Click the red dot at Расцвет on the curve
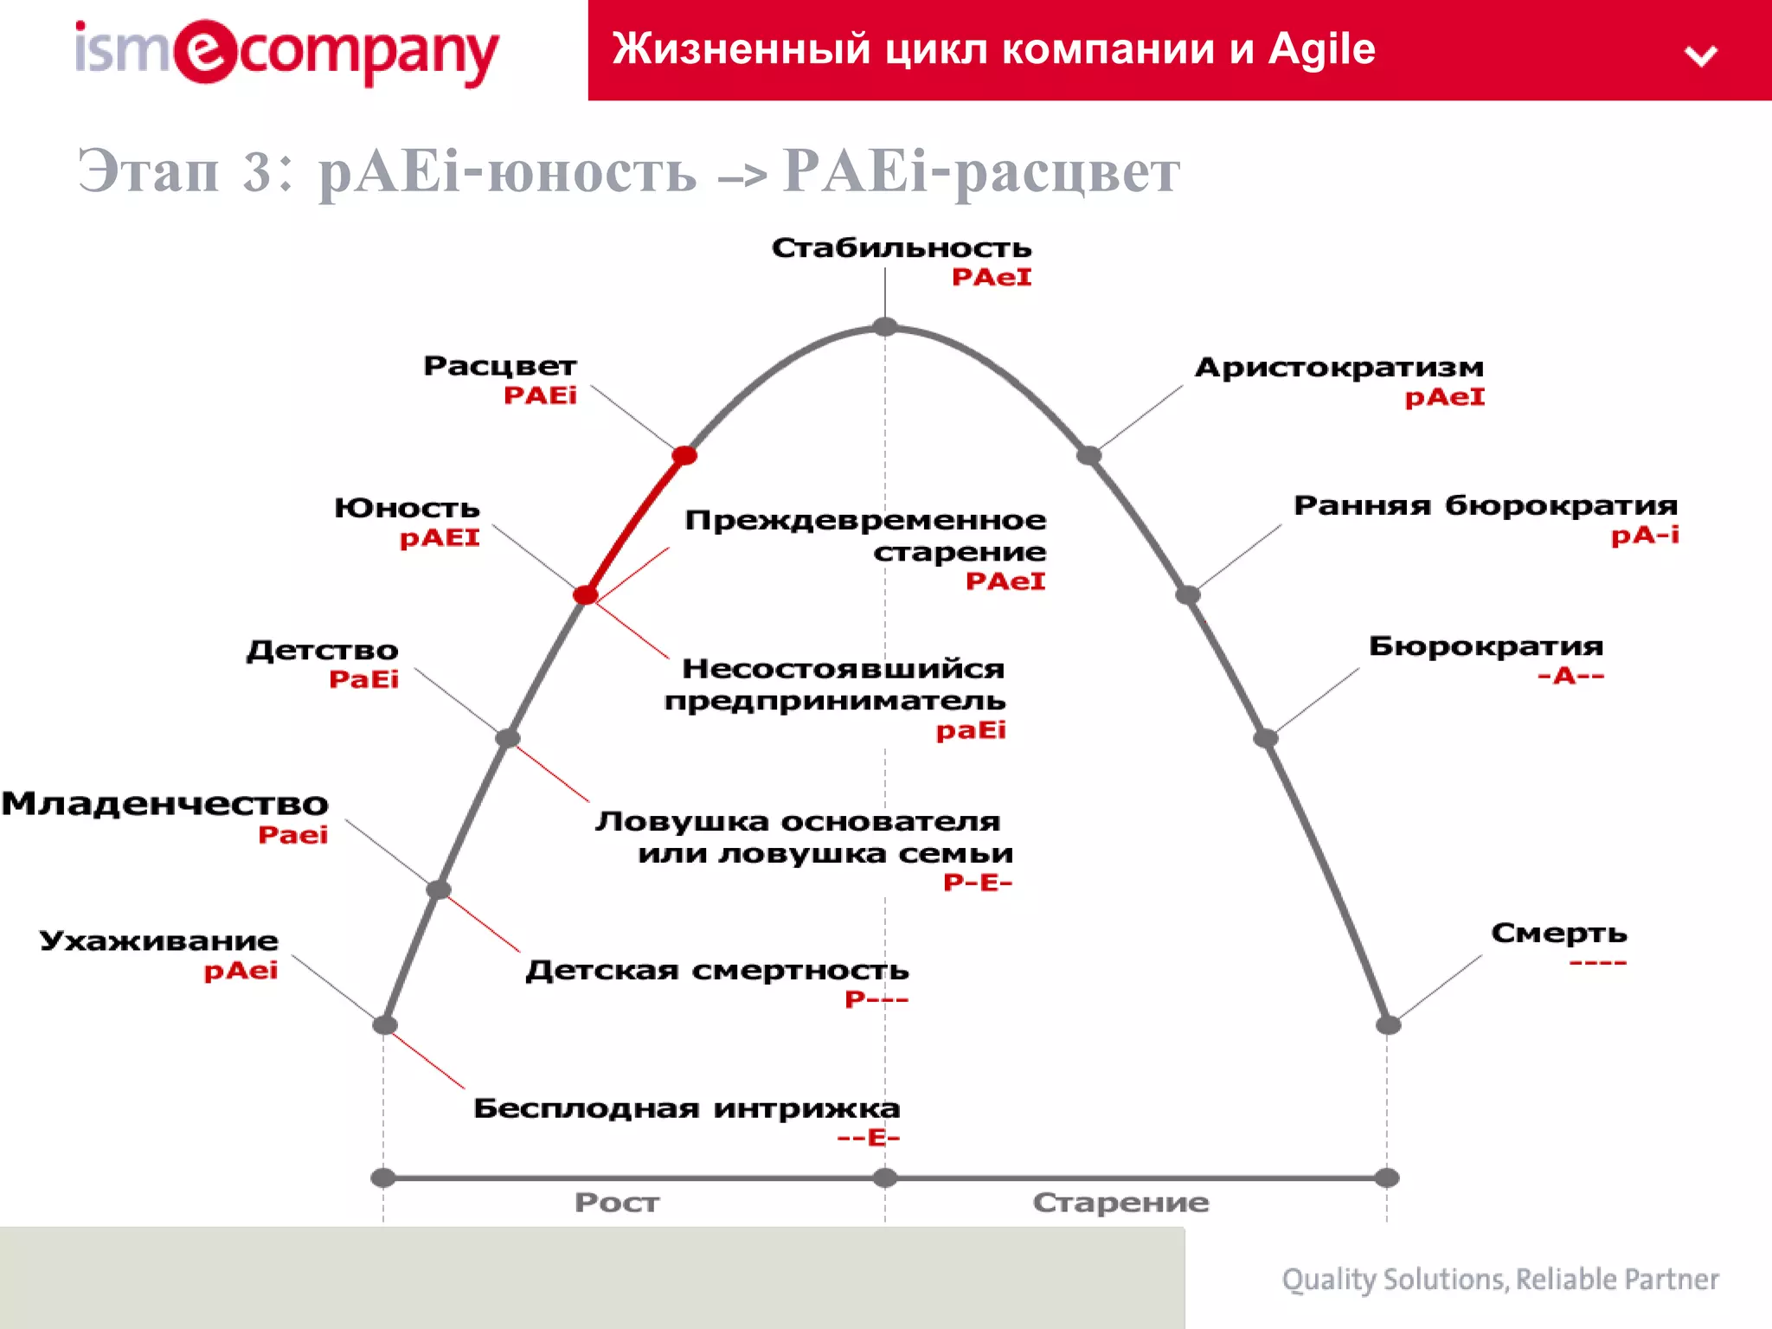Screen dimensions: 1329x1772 pyautogui.click(x=684, y=455)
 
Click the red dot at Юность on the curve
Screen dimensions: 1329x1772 pyautogui.click(x=586, y=594)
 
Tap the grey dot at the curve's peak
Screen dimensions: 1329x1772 pyautogui.click(x=885, y=326)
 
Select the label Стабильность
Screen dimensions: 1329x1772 pyautogui.click(x=902, y=248)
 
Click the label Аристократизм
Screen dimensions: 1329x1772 pyautogui.click(x=1339, y=368)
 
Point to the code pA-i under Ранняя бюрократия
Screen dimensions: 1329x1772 pyautogui.click(x=1644, y=536)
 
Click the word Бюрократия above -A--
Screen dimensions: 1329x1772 pyautogui.click(x=1486, y=646)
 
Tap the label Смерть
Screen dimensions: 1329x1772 pyautogui.click(x=1558, y=933)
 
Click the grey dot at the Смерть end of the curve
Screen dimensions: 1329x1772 pyautogui.click(x=1388, y=1025)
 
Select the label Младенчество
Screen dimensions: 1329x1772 pyautogui.click(x=165, y=804)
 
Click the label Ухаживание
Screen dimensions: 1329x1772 pyautogui.click(x=159, y=941)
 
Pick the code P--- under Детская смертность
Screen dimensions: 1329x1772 pyautogui.click(x=876, y=999)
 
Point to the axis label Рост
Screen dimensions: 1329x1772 pyautogui.click(x=617, y=1202)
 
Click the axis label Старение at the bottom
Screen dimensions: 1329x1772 pyautogui.click(x=1120, y=1202)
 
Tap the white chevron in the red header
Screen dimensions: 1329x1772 pyautogui.click(x=1701, y=56)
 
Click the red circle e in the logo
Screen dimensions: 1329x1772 pyautogui.click(x=205, y=51)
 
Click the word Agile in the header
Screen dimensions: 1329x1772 pyautogui.click(x=1321, y=49)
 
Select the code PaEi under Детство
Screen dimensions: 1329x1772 pyautogui.click(x=363, y=679)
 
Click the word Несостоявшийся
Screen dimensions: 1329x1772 pyautogui.click(x=843, y=669)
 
